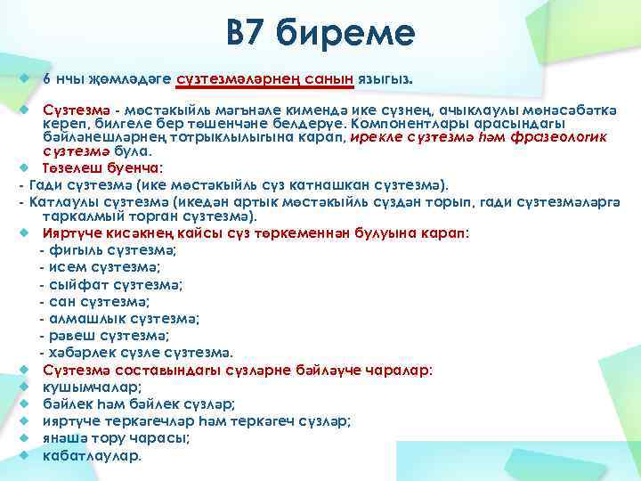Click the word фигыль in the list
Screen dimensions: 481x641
pyautogui.click(x=76, y=250)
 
